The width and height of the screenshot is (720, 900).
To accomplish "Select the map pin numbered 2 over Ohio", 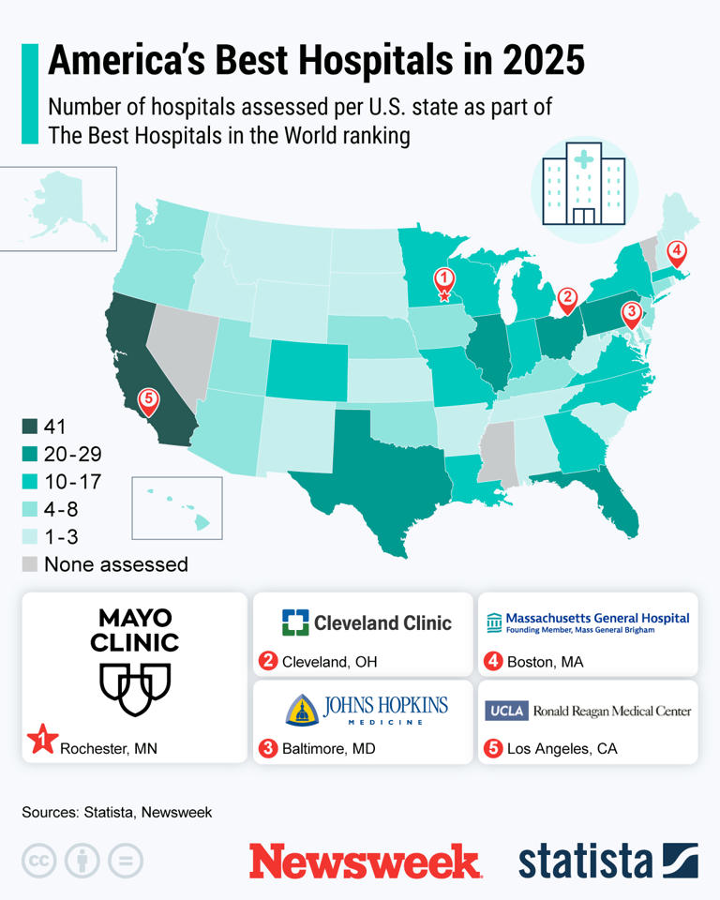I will coord(566,299).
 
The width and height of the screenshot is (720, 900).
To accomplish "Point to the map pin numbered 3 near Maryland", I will coord(633,312).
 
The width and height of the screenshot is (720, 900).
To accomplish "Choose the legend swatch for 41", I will coord(30,427).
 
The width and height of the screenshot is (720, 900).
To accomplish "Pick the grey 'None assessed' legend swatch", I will coord(30,564).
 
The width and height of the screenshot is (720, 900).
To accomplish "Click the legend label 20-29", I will coord(72,455).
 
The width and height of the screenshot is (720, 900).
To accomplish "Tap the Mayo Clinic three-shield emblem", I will coord(136,683).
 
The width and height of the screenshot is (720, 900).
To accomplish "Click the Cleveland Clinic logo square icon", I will coord(294,622).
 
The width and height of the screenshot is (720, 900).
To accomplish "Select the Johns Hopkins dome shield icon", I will coord(300,710).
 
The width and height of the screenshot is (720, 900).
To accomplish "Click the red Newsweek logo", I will coord(365,860).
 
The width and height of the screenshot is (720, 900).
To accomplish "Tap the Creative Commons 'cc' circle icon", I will coord(39,860).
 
